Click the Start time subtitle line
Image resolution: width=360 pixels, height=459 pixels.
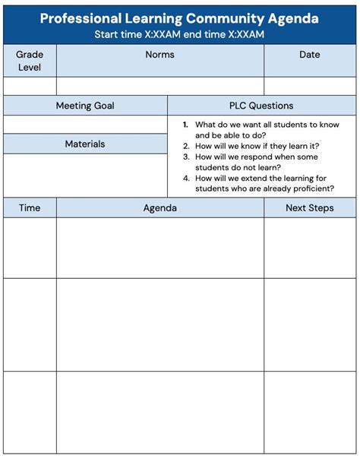[179, 34]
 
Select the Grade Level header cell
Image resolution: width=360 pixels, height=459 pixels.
[30, 61]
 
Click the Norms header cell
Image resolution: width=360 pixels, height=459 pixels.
[159, 55]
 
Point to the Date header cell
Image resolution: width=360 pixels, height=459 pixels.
[310, 55]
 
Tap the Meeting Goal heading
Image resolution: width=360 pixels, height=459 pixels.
[85, 106]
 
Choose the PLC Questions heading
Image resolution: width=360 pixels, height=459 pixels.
[261, 106]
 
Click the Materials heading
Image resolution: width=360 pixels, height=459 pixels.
[85, 144]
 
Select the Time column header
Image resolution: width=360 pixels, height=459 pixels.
[30, 207]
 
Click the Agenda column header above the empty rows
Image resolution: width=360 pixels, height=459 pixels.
[159, 207]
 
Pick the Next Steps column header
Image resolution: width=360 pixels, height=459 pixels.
[310, 207]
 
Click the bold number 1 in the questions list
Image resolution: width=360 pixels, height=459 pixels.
[185, 125]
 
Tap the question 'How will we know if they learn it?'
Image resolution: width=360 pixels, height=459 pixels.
[257, 146]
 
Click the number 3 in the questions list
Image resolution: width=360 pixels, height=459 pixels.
[185, 157]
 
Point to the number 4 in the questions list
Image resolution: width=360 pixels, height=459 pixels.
[185, 178]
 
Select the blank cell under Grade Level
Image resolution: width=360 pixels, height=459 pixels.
[30, 85]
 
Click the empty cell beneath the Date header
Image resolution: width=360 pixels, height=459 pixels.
[310, 85]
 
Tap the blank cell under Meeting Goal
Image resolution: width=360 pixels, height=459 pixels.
[85, 124]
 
